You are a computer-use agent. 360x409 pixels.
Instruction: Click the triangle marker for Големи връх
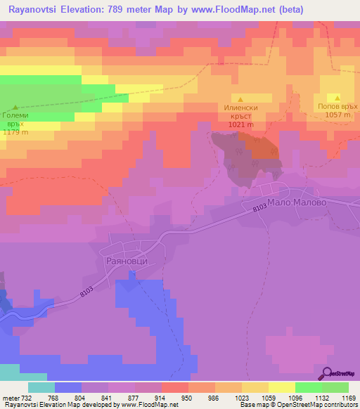(x=15, y=106)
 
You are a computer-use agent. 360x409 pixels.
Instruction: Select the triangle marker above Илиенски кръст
(x=240, y=99)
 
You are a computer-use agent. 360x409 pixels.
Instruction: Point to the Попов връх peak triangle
(x=337, y=97)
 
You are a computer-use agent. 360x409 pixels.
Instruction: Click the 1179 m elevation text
(x=15, y=132)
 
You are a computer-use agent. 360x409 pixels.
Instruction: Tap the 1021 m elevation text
(x=240, y=124)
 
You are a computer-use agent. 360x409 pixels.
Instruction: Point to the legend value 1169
(x=340, y=398)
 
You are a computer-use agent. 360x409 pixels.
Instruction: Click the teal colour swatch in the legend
(x=41, y=387)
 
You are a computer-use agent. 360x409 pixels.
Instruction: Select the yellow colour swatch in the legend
(x=282, y=387)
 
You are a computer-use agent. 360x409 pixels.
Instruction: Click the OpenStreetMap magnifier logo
(x=328, y=373)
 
